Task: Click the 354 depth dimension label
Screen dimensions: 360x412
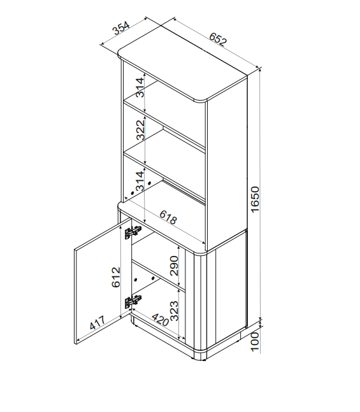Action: coord(121,28)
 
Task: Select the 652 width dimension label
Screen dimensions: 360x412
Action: coord(218,39)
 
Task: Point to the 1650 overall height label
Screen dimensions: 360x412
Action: coord(255,199)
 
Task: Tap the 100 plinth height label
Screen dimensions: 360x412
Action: coord(255,341)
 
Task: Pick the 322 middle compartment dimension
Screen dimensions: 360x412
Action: coord(140,129)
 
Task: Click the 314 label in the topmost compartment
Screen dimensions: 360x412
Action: coord(140,87)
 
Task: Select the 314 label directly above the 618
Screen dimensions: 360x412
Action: coord(140,181)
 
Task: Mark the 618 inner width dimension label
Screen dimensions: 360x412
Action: coord(168,217)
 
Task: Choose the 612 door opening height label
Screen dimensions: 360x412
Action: coord(116,277)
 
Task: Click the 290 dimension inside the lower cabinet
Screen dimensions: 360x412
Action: coord(174,266)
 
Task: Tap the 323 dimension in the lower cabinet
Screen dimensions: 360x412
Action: coord(174,311)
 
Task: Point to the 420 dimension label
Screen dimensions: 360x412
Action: coord(160,320)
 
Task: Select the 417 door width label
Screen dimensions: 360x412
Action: coord(97,322)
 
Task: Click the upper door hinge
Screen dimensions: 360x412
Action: coord(133,232)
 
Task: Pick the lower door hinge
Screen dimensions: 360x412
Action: coord(133,302)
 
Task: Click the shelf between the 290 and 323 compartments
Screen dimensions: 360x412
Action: coord(159,276)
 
